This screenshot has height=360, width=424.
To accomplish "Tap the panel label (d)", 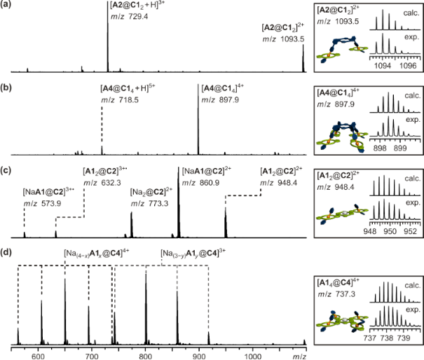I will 7,249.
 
